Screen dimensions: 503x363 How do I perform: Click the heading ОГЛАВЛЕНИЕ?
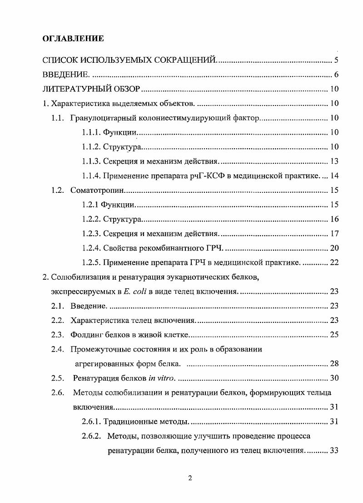pyautogui.click(x=73, y=38)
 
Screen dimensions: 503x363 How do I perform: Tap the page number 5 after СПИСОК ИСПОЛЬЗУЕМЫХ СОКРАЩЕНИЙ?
pyautogui.click(x=335, y=60)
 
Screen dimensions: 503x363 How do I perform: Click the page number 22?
pyautogui.click(x=334, y=262)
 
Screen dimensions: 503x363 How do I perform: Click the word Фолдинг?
pyautogui.click(x=85, y=335)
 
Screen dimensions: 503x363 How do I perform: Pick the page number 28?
pyautogui.click(x=334, y=364)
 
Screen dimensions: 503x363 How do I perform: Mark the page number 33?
pyautogui.click(x=334, y=451)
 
